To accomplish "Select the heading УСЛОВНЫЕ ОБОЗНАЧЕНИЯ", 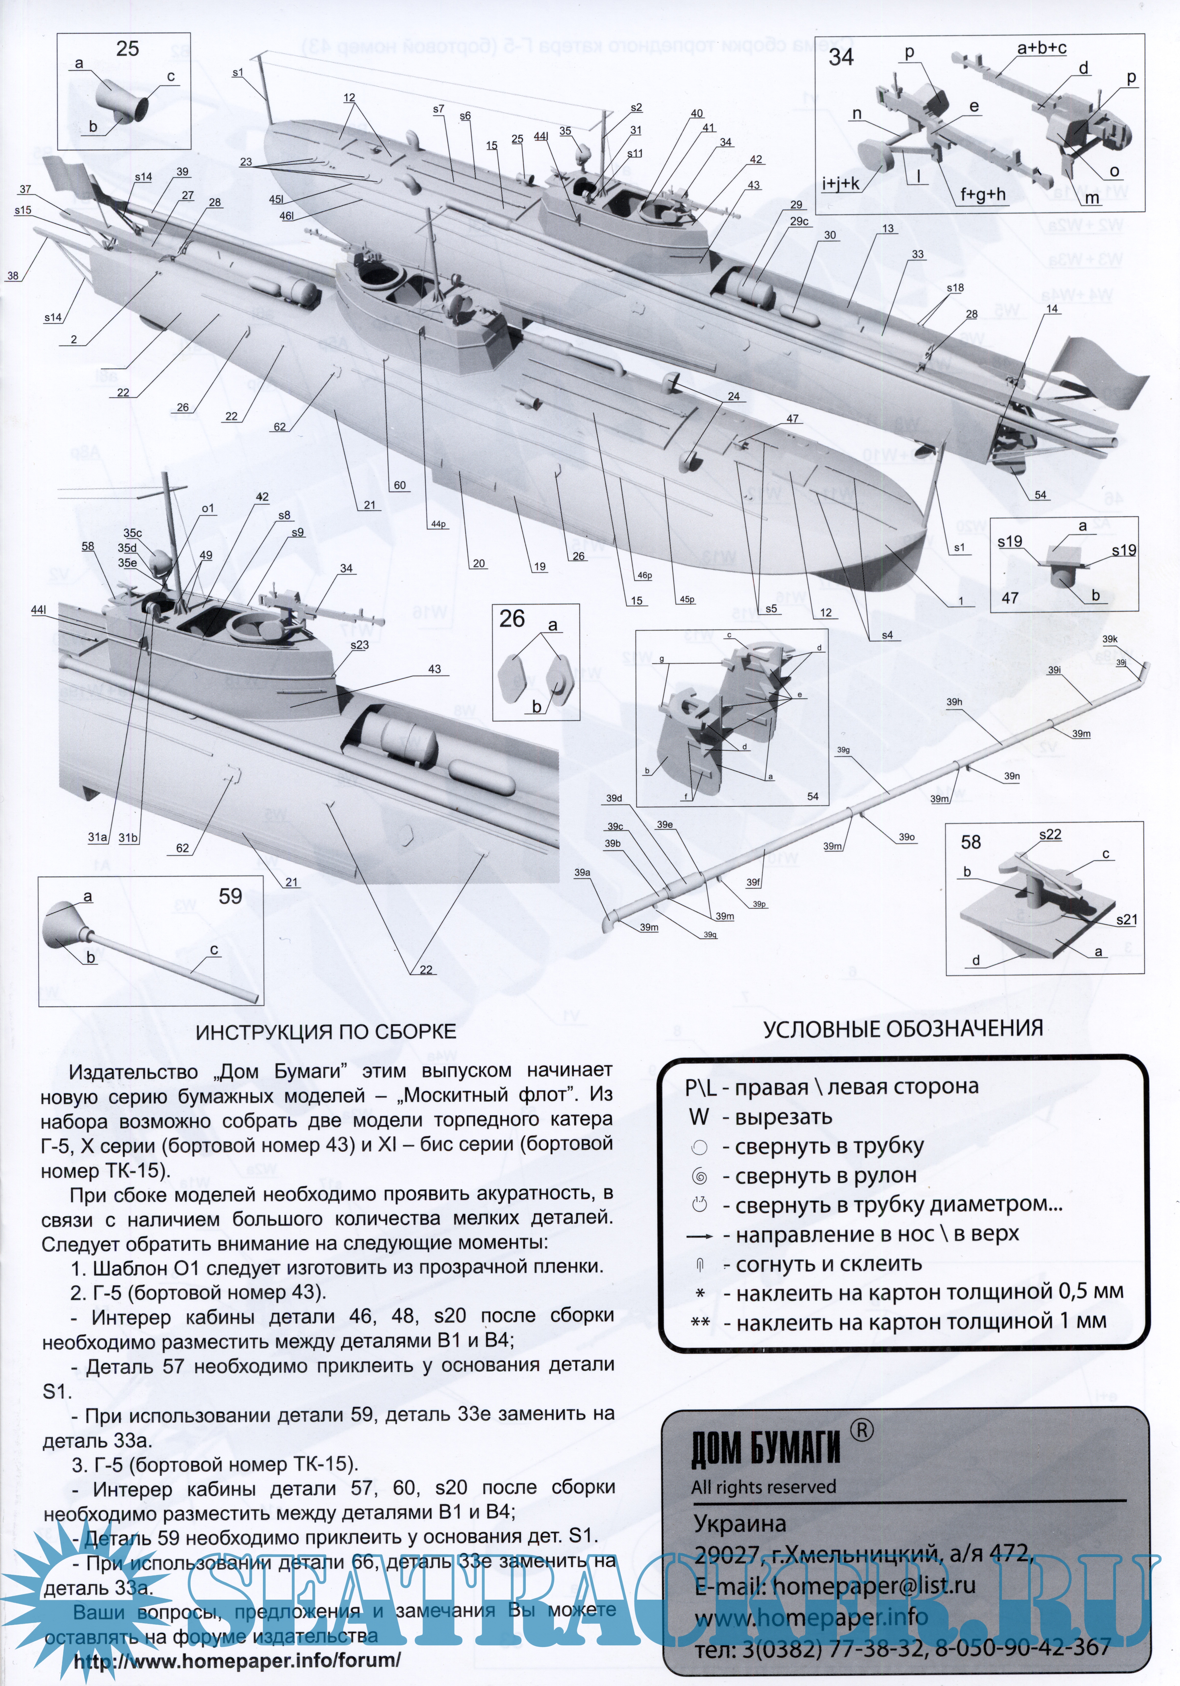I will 902,1028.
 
